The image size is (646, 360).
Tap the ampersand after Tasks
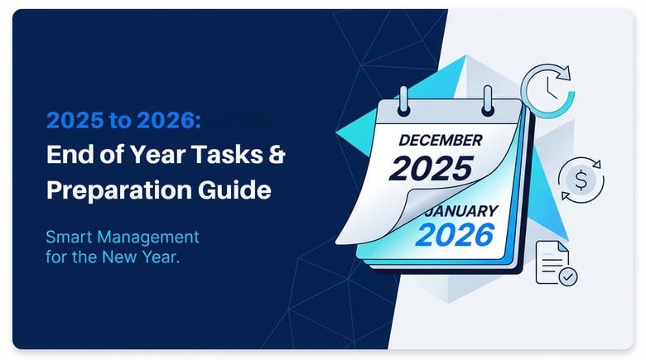[278, 156]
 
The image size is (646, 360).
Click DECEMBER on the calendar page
[440, 140]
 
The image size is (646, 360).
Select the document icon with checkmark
[555, 262]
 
